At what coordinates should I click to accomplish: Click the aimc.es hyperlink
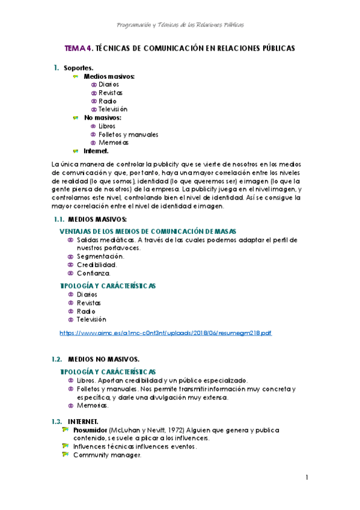click(x=166, y=333)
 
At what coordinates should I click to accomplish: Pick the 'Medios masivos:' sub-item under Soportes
click(x=109, y=76)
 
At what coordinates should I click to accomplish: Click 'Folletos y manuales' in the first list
click(x=128, y=135)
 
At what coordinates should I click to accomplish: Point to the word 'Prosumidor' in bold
click(x=90, y=430)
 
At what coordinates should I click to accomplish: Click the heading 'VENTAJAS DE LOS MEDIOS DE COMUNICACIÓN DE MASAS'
click(x=148, y=231)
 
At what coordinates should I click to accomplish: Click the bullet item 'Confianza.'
click(x=94, y=273)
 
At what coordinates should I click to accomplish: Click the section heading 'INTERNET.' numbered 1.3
click(x=83, y=421)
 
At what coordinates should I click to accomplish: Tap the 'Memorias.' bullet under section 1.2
click(x=93, y=405)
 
